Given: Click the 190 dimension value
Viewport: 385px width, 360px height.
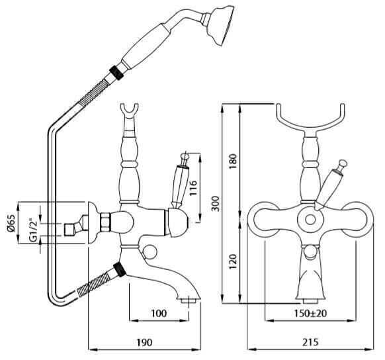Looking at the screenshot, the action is (x=144, y=342).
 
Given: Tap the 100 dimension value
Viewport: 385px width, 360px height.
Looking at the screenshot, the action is (x=159, y=313).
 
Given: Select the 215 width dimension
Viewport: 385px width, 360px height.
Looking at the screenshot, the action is (x=310, y=342).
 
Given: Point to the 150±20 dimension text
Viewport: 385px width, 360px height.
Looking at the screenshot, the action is (x=311, y=313).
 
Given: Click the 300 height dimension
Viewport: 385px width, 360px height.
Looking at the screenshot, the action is (x=216, y=204).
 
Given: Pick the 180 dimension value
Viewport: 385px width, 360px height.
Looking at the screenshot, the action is (x=234, y=161).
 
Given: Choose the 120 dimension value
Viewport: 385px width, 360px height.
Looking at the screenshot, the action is (x=234, y=261).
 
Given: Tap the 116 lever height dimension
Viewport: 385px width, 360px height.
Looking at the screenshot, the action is (x=193, y=188).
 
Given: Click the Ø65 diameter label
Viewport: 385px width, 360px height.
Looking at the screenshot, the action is (x=11, y=223).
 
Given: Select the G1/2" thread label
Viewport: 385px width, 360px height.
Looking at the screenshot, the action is (x=33, y=230).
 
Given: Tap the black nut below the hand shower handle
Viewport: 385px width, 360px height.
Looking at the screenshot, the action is (x=117, y=72).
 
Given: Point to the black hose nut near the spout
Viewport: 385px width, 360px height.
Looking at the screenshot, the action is (x=120, y=269).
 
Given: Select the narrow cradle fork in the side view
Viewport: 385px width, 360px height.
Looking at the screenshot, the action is (x=129, y=113).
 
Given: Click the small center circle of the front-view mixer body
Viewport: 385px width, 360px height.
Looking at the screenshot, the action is (x=311, y=220).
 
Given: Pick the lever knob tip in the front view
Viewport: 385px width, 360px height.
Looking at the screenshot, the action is (x=343, y=163).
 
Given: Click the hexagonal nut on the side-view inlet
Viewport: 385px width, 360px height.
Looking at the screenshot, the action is (x=105, y=222).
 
